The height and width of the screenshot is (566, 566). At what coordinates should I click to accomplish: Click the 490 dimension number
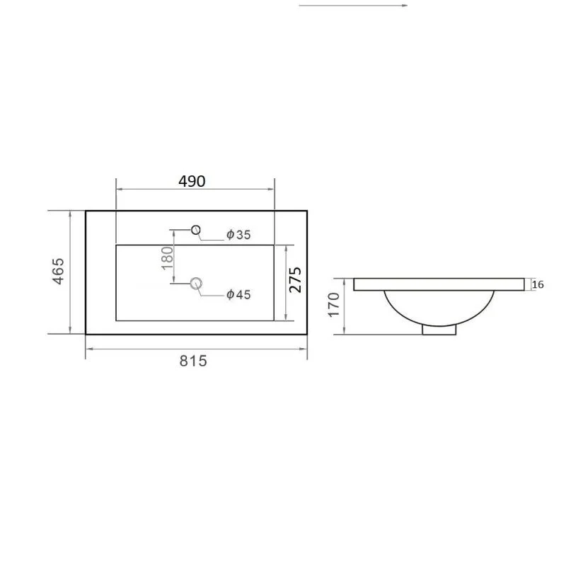[192, 181]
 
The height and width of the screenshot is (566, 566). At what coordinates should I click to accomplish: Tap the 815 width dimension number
[193, 361]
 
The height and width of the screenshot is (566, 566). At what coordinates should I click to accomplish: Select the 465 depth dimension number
[59, 271]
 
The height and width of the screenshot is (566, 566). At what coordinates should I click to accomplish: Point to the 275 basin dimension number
[295, 279]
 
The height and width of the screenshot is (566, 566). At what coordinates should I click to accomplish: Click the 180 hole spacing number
[167, 258]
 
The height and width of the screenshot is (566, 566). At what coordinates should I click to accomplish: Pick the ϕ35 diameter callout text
[238, 235]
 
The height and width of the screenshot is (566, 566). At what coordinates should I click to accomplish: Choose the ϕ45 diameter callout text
[238, 294]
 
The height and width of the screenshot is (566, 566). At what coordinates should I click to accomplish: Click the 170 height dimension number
[334, 305]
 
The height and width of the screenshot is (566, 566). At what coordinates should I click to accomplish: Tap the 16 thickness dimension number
[538, 284]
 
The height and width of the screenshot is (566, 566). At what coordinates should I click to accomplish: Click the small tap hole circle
[196, 229]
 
